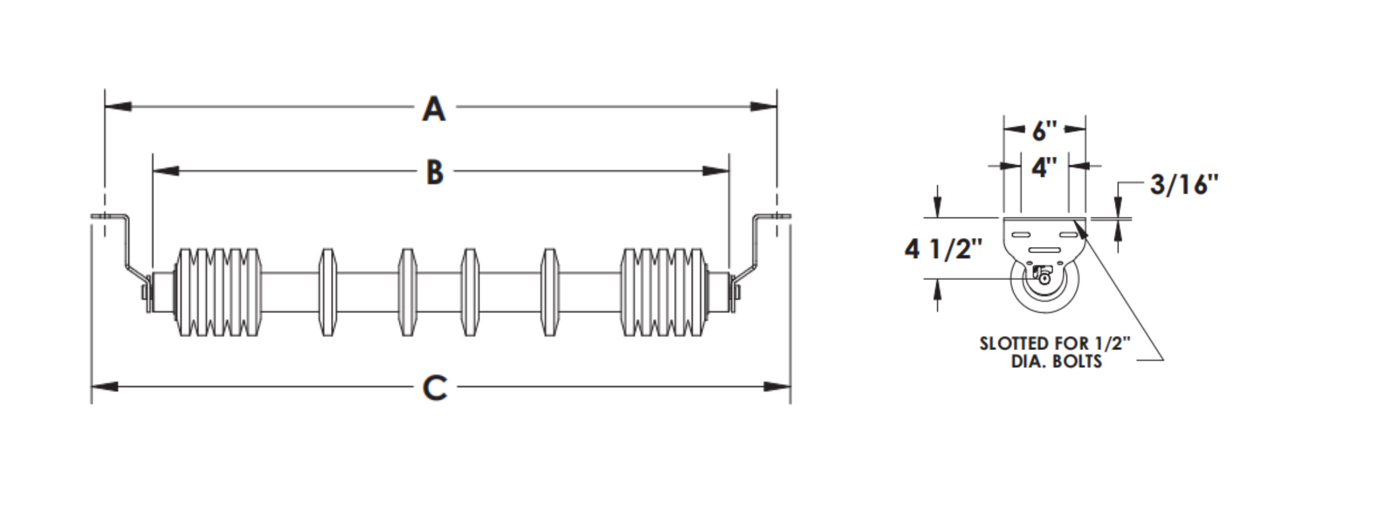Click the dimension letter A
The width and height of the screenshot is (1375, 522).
click(434, 109)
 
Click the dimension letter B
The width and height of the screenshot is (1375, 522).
click(435, 172)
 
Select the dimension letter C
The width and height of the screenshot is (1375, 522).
click(435, 388)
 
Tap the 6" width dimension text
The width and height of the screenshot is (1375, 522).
click(1045, 131)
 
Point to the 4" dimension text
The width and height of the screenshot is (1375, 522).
click(1045, 167)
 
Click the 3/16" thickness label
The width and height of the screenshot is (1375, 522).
click(1184, 185)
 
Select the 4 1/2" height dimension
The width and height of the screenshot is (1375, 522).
click(943, 249)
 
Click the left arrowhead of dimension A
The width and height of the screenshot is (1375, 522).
click(118, 107)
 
